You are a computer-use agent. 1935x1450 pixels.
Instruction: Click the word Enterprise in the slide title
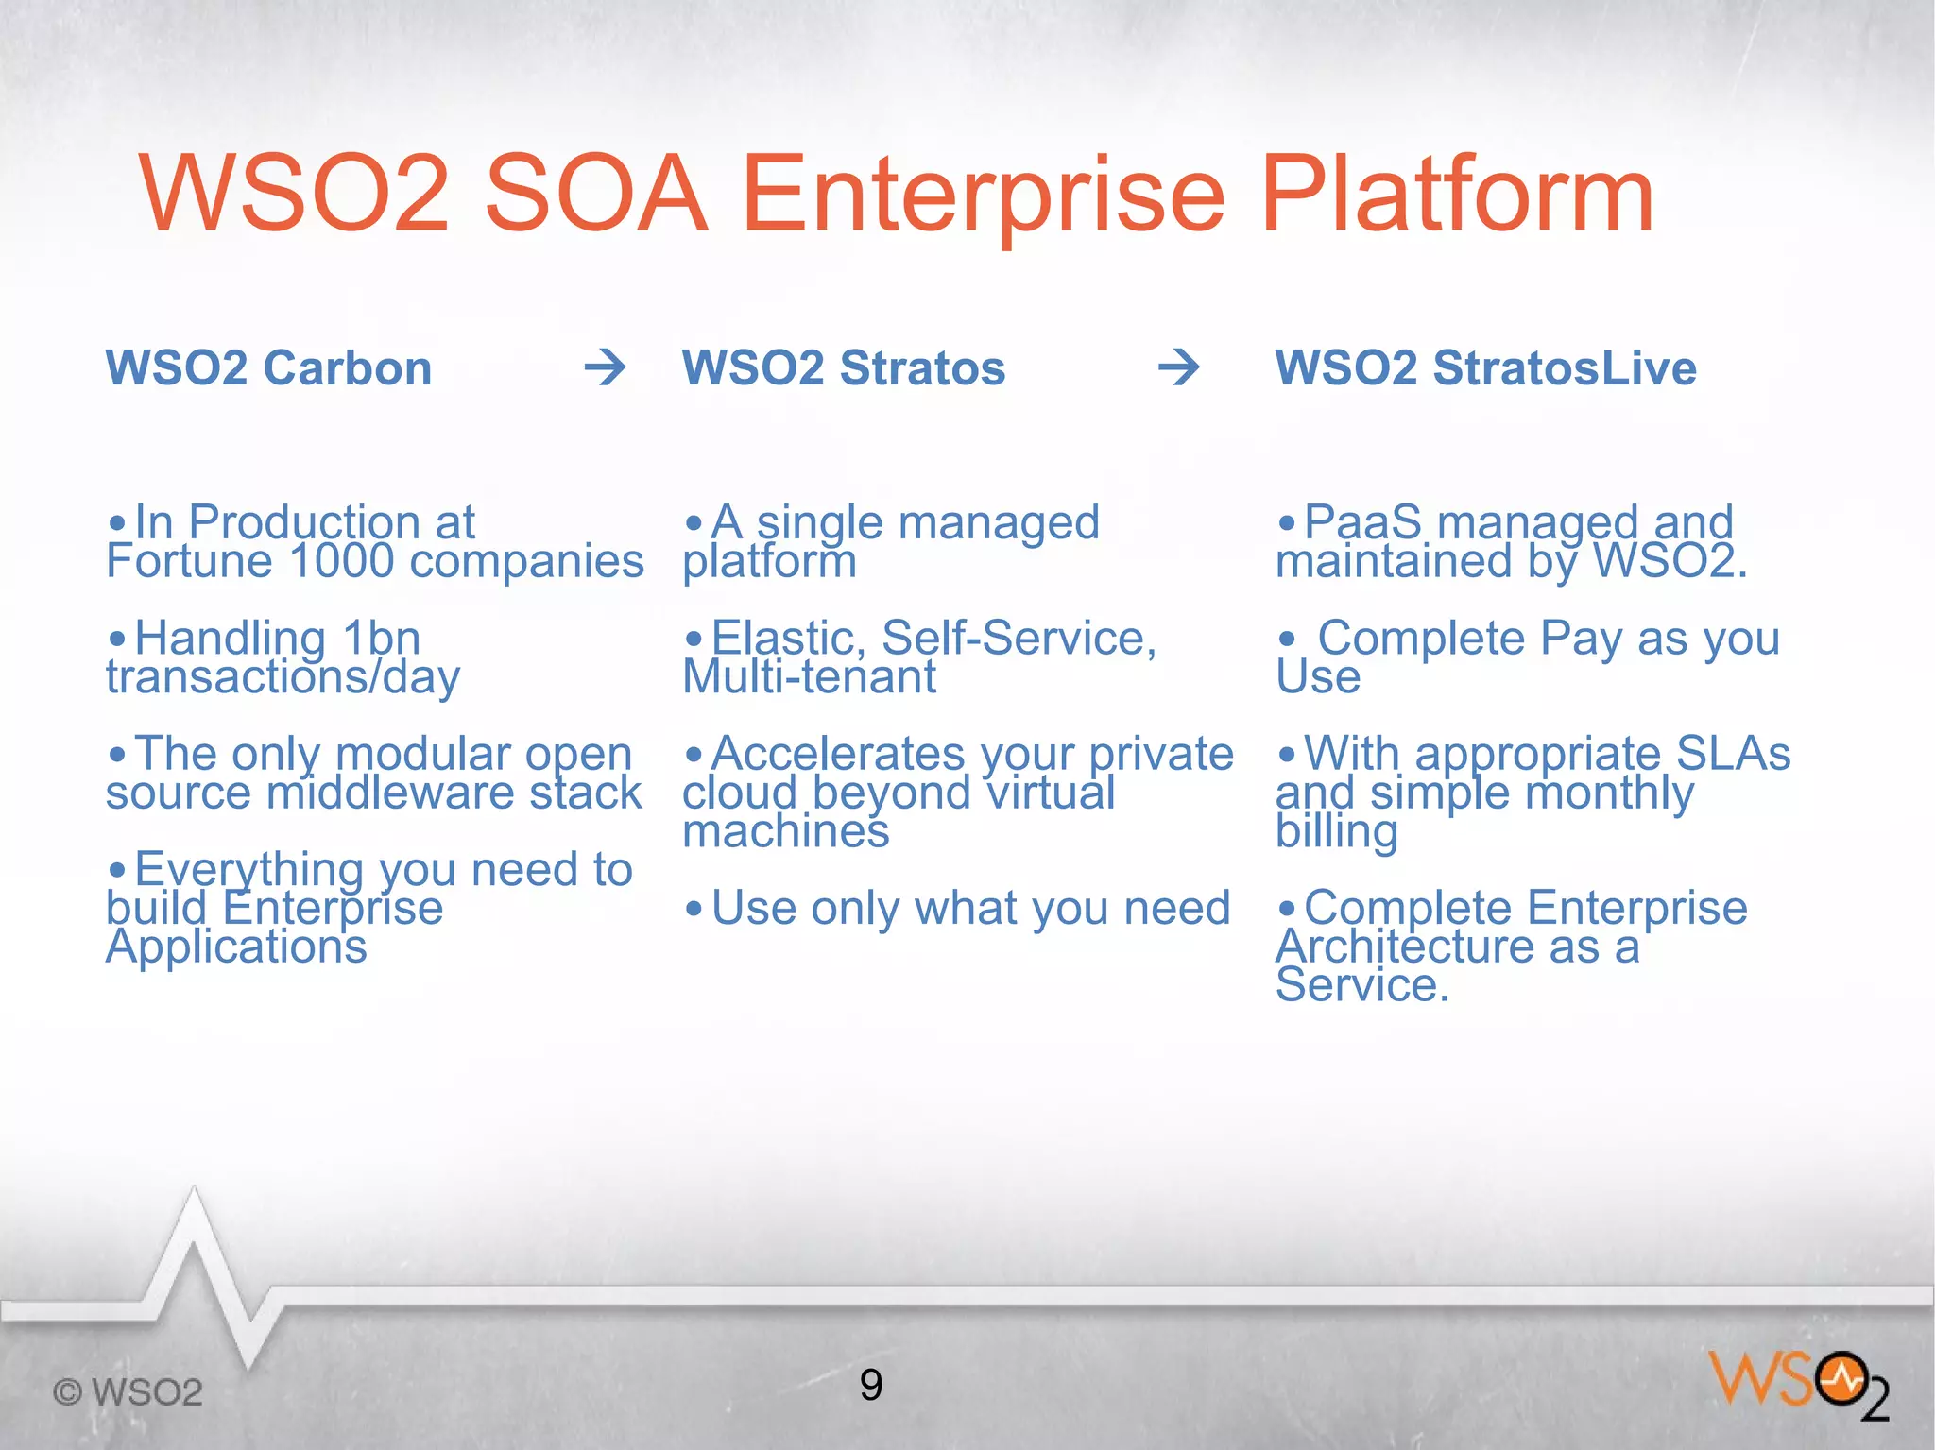point(983,196)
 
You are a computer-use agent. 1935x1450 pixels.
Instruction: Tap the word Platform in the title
point(1456,196)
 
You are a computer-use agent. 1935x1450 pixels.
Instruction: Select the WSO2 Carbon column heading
point(268,367)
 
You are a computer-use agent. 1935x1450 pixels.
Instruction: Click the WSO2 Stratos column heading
point(844,367)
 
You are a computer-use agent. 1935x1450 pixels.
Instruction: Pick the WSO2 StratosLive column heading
point(1485,367)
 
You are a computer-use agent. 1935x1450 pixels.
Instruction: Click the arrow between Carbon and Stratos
point(606,367)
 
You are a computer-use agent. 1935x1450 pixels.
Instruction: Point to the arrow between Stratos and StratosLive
point(1179,367)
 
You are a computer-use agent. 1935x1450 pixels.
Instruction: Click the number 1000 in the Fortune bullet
point(341,561)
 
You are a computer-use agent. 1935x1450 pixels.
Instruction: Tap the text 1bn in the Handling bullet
point(381,639)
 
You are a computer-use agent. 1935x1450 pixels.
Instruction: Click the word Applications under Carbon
point(236,947)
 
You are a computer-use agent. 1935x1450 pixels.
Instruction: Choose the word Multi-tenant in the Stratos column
point(809,677)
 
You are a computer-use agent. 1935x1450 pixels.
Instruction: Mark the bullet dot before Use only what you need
point(694,910)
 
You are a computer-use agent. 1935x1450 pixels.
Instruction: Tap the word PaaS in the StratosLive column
point(1362,522)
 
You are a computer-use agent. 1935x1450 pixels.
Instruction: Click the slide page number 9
point(871,1385)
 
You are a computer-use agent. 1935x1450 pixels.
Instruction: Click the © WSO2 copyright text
point(128,1392)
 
